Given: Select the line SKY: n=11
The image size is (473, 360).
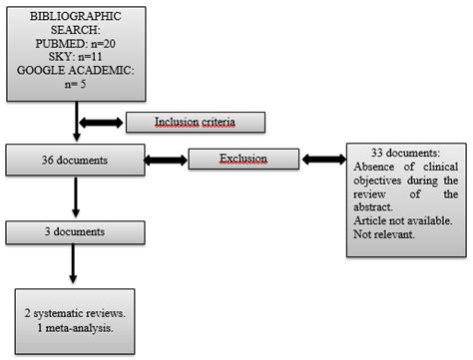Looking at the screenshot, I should tap(76, 58).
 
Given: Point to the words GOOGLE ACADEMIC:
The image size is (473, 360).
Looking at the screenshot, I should tap(76, 72).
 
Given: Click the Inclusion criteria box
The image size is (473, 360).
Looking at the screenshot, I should tap(197, 122).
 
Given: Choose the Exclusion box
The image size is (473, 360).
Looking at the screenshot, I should tap(242, 159).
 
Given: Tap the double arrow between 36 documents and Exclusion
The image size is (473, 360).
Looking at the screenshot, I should tap(167, 160).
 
